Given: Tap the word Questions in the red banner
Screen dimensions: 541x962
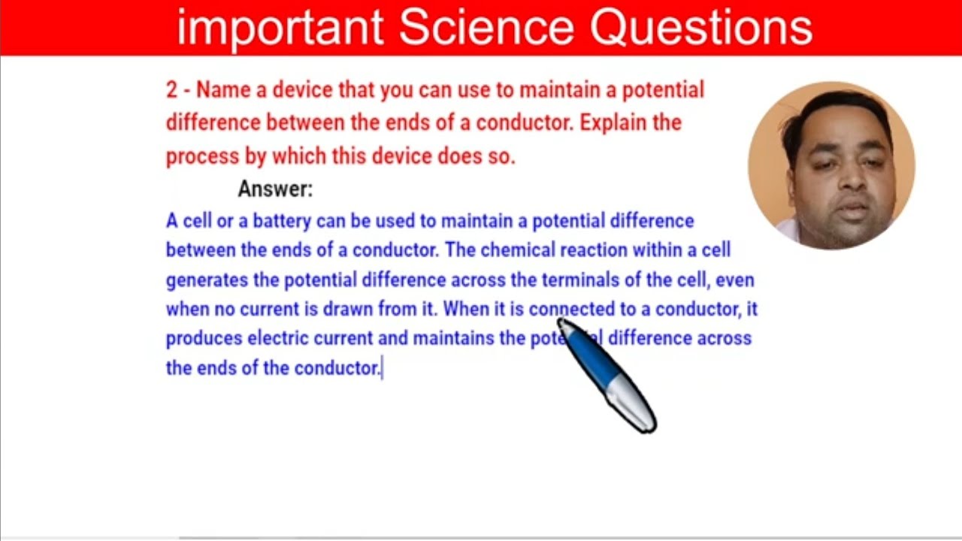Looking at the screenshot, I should (700, 28).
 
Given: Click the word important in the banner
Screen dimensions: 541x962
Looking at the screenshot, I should (280, 28).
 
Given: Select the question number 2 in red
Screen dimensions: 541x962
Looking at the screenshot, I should (172, 90).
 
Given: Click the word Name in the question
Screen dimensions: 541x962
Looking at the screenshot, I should (223, 90).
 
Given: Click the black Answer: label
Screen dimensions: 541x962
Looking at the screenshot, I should (275, 189).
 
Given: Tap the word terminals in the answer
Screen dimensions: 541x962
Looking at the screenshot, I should (579, 280).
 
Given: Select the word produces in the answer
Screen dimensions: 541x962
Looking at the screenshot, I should (204, 338).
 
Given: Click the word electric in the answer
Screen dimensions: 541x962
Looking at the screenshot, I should (277, 338).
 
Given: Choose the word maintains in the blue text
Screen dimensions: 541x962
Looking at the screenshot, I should (453, 338).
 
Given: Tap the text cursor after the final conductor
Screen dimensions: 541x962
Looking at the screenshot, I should (383, 368).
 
